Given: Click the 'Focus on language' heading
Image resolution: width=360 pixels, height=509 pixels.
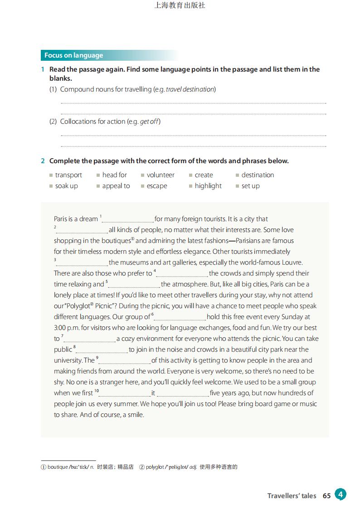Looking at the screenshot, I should pyautogui.click(x=73, y=55).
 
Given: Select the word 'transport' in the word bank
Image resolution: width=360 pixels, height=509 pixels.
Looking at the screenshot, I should pyautogui.click(x=68, y=175).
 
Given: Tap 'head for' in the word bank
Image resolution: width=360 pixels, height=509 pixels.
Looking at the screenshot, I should pyautogui.click(x=114, y=175).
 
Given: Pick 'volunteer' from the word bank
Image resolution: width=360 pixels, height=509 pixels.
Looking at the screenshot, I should pyautogui.click(x=161, y=175).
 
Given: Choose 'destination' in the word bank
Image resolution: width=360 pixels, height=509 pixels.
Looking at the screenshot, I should pyautogui.click(x=258, y=175).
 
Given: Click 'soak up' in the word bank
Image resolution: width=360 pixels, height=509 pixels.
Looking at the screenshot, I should pyautogui.click(x=66, y=186).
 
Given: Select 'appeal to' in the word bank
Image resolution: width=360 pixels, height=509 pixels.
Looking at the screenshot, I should pyautogui.click(x=116, y=186).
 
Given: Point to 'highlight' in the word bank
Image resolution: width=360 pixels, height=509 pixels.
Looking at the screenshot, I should pyautogui.click(x=208, y=186).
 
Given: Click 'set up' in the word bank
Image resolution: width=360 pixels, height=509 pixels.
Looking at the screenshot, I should pyautogui.click(x=250, y=186).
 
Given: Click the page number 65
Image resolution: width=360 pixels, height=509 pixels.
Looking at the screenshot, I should pyautogui.click(x=326, y=496).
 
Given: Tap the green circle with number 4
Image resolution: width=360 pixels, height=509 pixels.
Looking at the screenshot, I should pyautogui.click(x=341, y=494).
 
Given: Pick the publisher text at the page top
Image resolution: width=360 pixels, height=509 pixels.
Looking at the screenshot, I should pyautogui.click(x=180, y=5).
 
